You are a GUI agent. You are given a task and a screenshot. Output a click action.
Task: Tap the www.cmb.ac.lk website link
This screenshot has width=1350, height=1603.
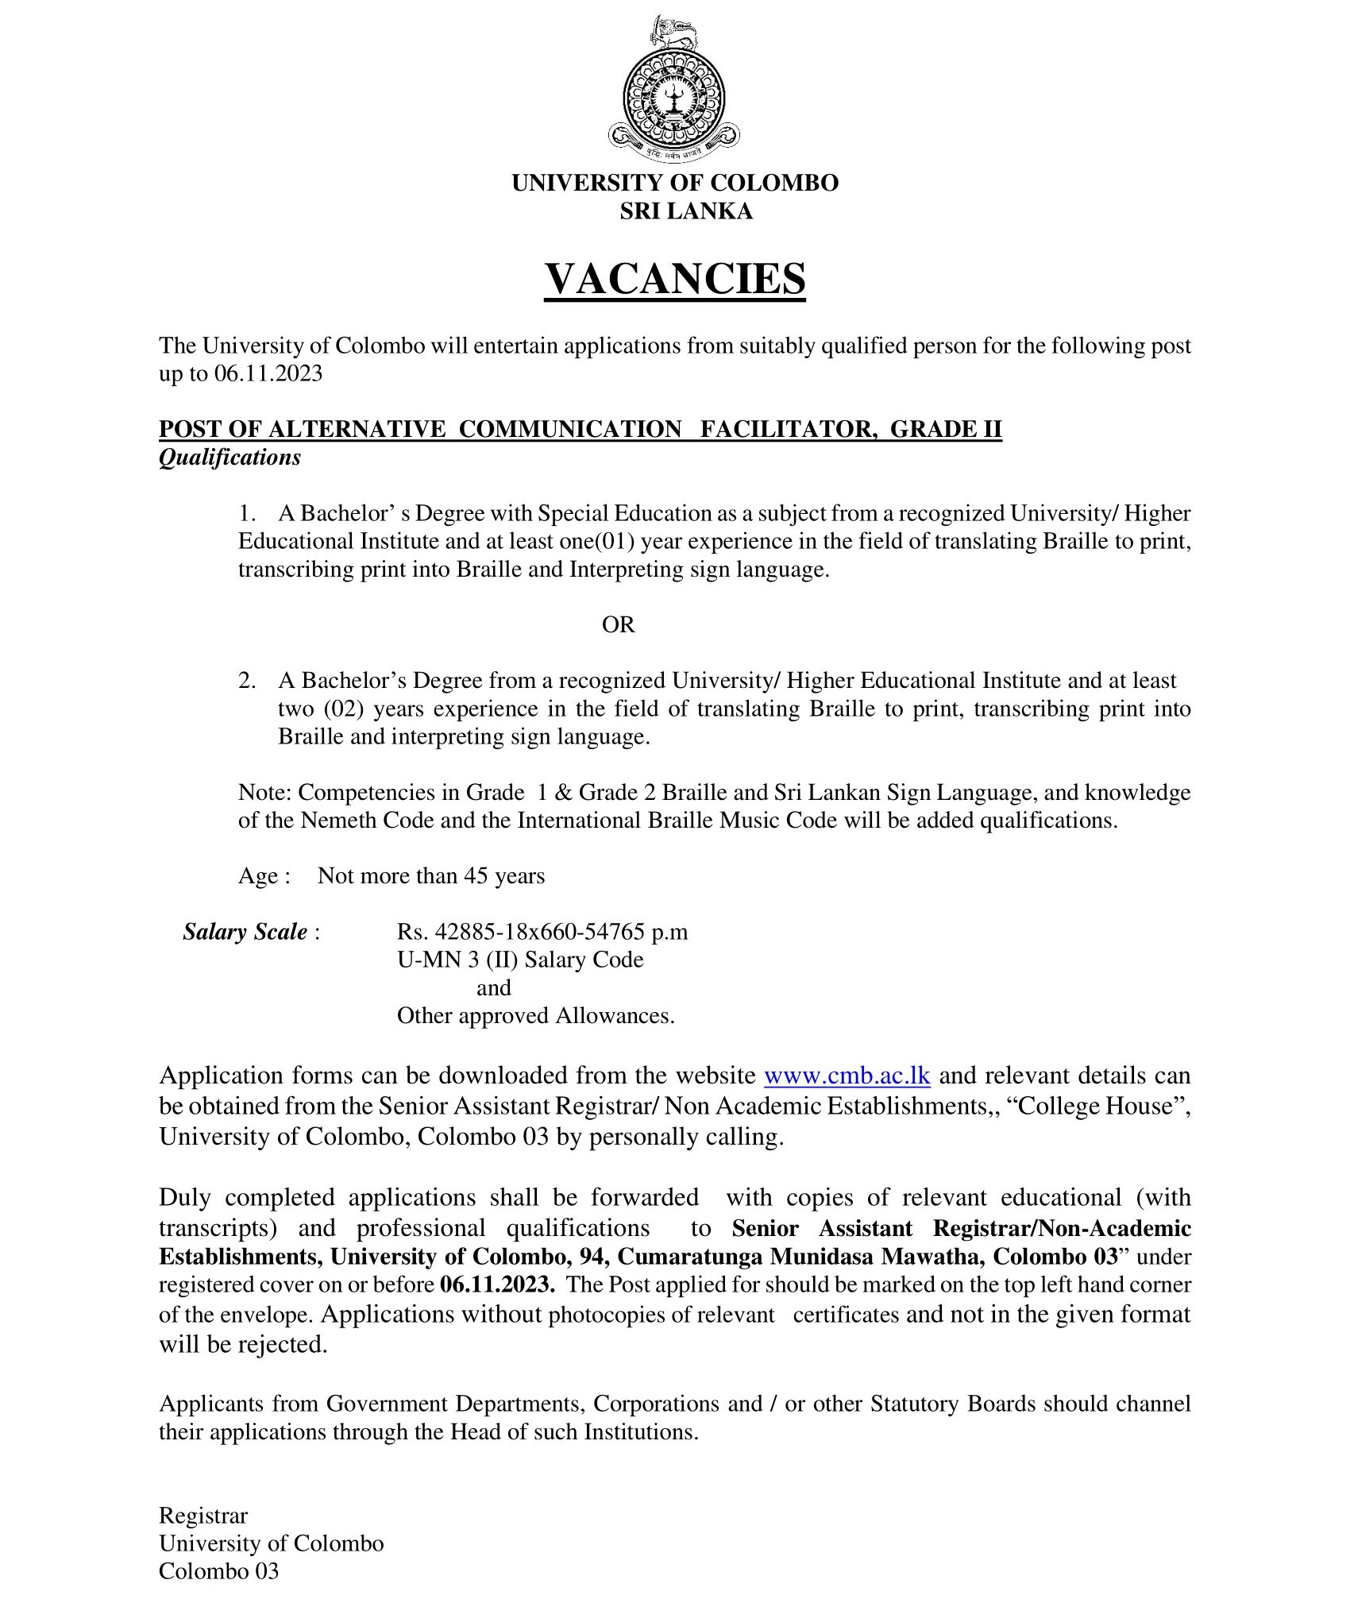pyautogui.click(x=847, y=1076)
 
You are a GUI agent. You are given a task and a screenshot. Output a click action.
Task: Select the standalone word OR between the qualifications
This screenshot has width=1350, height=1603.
pyautogui.click(x=618, y=624)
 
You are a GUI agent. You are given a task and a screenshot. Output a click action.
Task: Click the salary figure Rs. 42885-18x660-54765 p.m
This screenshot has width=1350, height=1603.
pyautogui.click(x=542, y=932)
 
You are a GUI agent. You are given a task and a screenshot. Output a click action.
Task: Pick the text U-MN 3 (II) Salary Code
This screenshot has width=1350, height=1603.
pyautogui.click(x=520, y=960)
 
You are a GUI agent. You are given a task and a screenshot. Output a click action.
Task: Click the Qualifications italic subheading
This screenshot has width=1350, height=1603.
pyautogui.click(x=229, y=458)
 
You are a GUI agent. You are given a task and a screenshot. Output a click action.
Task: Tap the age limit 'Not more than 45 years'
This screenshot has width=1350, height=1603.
pyautogui.click(x=431, y=876)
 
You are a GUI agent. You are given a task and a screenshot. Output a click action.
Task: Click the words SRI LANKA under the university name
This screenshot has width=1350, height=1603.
pyautogui.click(x=675, y=211)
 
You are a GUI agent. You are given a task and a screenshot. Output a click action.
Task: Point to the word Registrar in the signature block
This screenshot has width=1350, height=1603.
pyautogui.click(x=203, y=1515)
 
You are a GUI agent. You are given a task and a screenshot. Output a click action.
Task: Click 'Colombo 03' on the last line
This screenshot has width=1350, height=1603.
pyautogui.click(x=218, y=1570)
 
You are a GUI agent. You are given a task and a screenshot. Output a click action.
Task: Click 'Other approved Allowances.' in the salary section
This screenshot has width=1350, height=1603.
pyautogui.click(x=535, y=1015)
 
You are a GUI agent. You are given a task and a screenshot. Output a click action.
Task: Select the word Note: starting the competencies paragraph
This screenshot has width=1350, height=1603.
pyautogui.click(x=265, y=792)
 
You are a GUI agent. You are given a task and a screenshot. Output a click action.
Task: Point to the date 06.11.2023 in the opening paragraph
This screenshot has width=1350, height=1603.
pyautogui.click(x=268, y=373)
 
